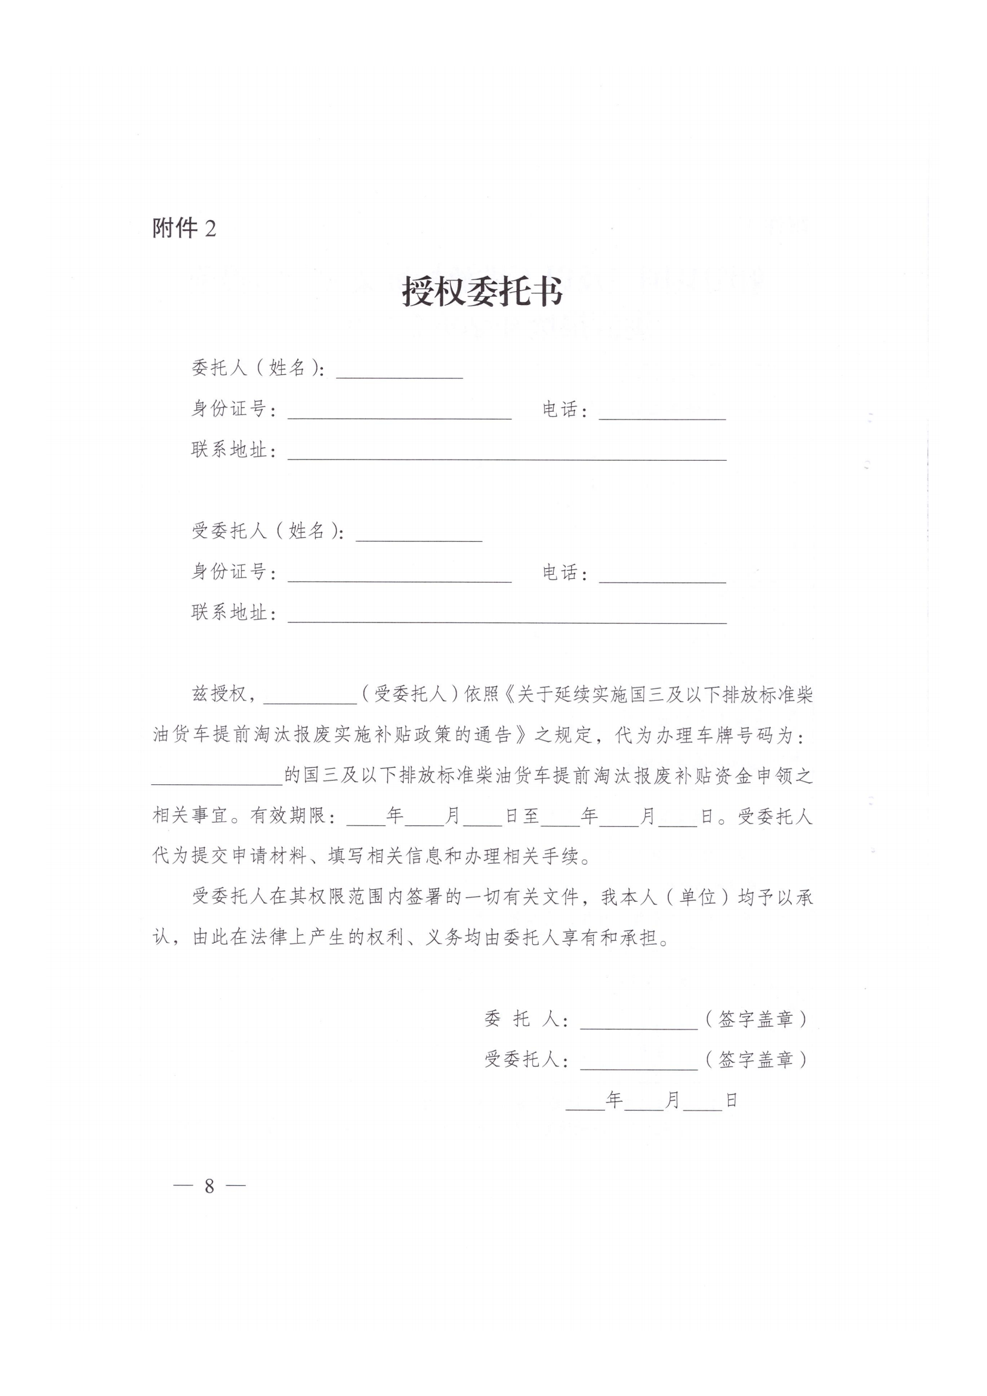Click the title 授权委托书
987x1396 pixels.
483,292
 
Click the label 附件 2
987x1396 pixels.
184,229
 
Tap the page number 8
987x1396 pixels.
209,1186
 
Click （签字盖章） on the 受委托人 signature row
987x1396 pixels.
756,1060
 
